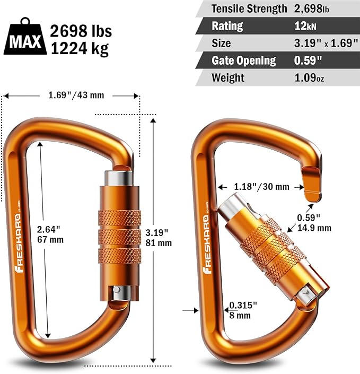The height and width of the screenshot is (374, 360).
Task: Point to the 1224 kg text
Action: coord(80,49)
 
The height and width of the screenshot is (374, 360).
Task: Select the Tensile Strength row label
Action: coord(250,8)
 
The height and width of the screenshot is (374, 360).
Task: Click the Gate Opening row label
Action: coord(244,60)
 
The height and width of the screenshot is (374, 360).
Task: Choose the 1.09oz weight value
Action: coord(310,78)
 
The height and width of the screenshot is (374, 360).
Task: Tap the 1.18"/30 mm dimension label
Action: coord(261,186)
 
